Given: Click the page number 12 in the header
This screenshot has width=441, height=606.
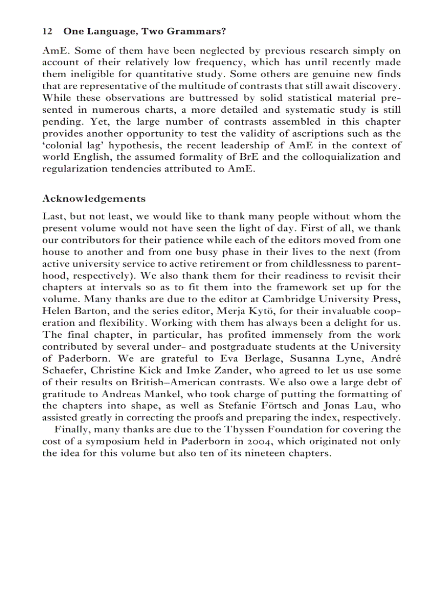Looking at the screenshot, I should (46, 31).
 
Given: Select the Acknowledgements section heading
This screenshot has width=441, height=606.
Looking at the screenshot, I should (94, 198).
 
